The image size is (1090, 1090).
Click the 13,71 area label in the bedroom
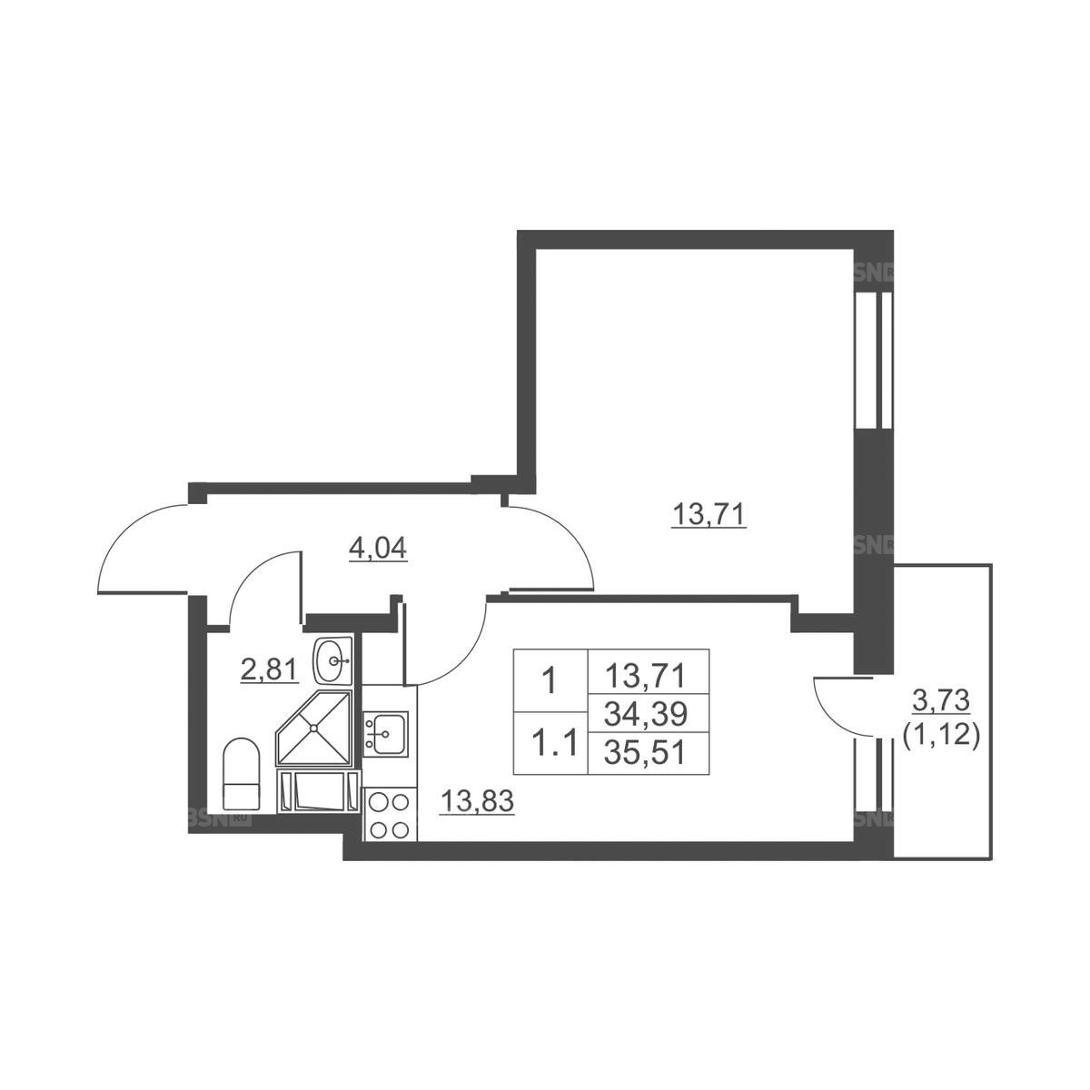(x=708, y=514)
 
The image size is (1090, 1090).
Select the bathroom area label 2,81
(x=269, y=671)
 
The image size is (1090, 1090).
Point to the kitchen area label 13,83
(x=478, y=801)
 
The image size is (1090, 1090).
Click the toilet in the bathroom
(x=242, y=774)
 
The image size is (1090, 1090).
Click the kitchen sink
(x=385, y=734)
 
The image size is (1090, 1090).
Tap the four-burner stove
(x=388, y=815)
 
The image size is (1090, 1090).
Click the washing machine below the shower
(x=318, y=791)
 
